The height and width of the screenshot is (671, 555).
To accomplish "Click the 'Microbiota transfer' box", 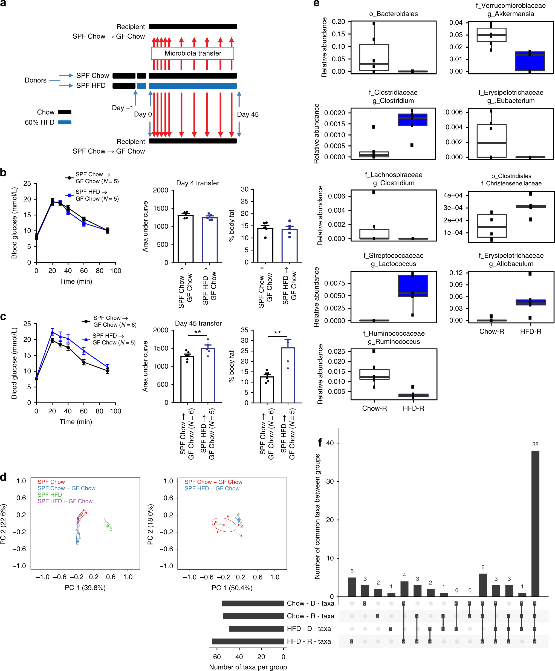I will click(193, 53).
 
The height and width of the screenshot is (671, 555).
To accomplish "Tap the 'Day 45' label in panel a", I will click(247, 114).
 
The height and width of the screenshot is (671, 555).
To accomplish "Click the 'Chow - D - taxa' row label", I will click(310, 603).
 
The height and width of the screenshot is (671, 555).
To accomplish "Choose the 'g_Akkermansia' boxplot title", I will click(511, 14).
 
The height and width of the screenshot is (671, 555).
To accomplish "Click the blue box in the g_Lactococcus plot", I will click(413, 286).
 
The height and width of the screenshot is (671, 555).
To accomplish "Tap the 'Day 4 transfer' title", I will click(198, 183).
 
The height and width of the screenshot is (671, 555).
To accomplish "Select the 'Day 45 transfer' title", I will click(198, 323).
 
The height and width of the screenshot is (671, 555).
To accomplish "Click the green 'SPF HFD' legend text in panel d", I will click(50, 495).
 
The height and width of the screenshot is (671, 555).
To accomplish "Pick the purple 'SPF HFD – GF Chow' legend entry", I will click(65, 501).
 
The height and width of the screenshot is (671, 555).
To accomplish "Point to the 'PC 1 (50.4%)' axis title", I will click(232, 588).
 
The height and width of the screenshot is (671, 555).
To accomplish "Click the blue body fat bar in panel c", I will click(288, 375).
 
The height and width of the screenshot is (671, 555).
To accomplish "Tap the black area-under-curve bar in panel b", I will click(186, 239).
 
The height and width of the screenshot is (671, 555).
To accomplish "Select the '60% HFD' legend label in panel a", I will click(40, 122).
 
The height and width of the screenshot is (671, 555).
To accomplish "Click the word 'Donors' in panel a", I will click(36, 80).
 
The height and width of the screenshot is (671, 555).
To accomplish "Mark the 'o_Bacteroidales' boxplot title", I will click(394, 14).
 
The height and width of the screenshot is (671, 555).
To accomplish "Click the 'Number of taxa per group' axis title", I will click(248, 667).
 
